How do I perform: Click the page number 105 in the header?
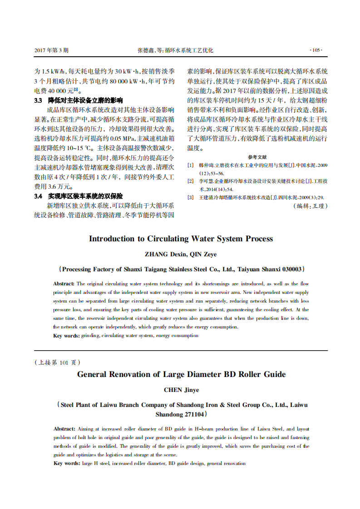tap(316, 50)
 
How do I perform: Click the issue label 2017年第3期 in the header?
tap(51, 50)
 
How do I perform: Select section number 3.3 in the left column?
tap(38, 101)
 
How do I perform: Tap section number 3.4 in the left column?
tap(38, 196)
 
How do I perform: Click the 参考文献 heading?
tap(257, 157)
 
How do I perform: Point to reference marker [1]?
tap(191, 165)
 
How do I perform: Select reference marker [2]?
tap(191, 181)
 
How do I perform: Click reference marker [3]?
tap(191, 197)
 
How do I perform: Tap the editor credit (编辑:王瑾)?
tap(311, 206)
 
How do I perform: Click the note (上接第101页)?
tap(58, 362)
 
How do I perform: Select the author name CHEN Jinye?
tap(181, 390)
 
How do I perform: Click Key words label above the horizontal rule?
tap(66, 336)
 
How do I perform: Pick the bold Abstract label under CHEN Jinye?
tap(64, 429)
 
